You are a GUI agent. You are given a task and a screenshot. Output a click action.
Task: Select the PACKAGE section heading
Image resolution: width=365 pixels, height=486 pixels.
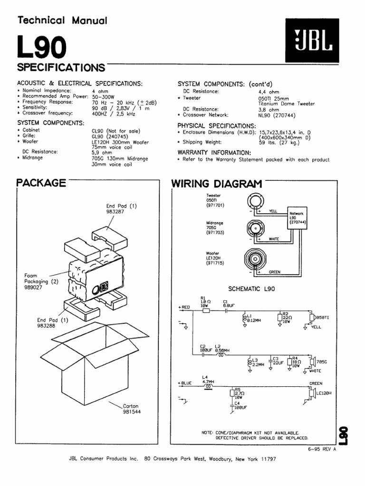[41, 183]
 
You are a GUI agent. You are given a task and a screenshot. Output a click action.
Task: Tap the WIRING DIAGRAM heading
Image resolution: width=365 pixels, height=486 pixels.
[217, 184]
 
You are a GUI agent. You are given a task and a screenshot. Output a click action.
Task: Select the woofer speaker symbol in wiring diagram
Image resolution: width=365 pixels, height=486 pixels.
[256, 259]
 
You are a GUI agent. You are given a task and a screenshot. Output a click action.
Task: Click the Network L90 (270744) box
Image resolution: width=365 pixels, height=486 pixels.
[296, 218]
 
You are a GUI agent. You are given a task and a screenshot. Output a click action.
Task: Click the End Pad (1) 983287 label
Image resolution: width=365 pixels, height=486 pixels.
[121, 209]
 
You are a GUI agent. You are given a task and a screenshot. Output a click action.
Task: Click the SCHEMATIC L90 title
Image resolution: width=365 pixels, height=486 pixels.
[251, 288]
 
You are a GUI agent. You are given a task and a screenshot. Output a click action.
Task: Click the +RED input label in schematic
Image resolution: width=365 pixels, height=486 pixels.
[184, 307]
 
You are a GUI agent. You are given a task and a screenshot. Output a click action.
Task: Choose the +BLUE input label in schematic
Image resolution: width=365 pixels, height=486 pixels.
[185, 383]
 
